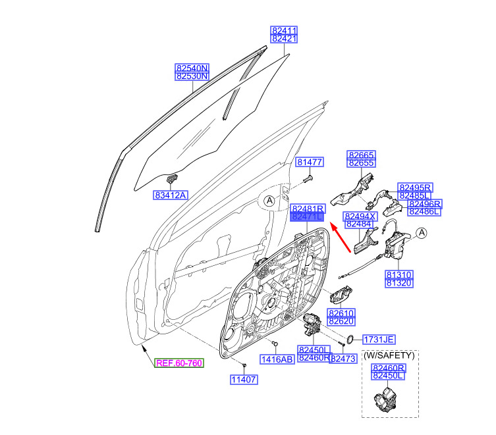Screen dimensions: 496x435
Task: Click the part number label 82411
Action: (284, 30)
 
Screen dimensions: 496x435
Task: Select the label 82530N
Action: (192, 76)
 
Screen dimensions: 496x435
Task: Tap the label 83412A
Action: (171, 195)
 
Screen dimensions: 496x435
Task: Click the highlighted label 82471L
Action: (307, 217)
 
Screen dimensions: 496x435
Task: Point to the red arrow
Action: (340, 237)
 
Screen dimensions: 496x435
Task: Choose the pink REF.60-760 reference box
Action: (179, 363)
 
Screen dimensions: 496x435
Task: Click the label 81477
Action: (310, 162)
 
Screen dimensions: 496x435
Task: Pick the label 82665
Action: (361, 155)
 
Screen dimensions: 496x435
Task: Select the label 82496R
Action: (424, 204)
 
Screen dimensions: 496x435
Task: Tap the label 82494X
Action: (360, 217)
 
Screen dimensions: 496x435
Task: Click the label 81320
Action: (399, 283)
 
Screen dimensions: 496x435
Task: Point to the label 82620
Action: (341, 321)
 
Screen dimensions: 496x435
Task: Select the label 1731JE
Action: (379, 340)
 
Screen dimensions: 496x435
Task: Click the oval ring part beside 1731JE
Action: (350, 339)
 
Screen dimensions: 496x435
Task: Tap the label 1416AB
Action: (277, 359)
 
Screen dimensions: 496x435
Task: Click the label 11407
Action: (244, 379)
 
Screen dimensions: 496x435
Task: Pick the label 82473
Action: (344, 359)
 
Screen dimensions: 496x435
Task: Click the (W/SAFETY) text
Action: (389, 355)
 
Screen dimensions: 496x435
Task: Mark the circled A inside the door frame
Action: (269, 201)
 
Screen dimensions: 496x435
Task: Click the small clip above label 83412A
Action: (172, 178)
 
